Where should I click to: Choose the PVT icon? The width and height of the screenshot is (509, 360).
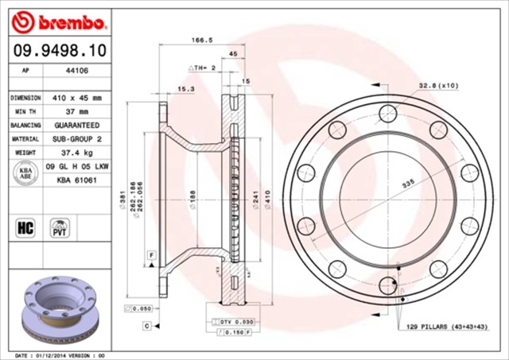[59, 228]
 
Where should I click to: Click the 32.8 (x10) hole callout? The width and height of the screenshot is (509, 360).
[437, 85]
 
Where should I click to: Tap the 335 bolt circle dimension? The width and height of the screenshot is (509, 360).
[407, 184]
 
